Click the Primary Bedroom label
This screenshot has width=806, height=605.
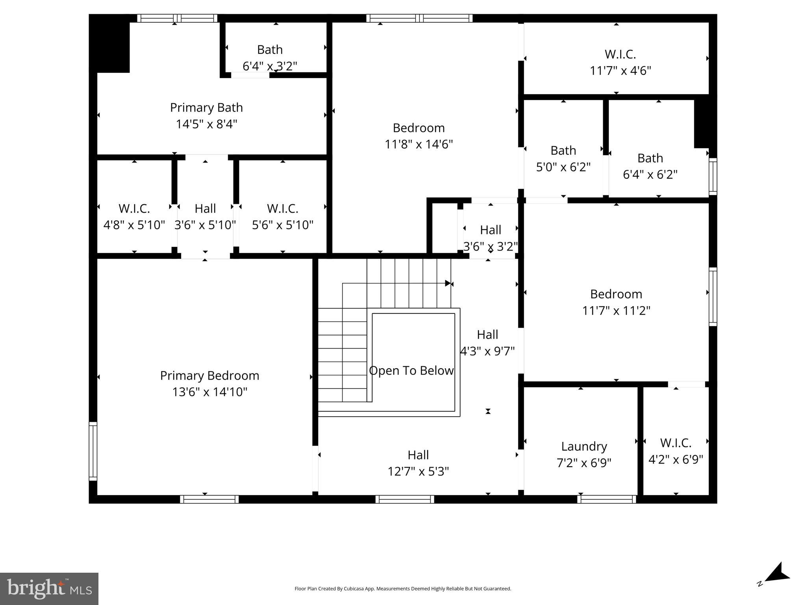(209, 375)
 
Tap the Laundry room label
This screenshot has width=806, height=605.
(584, 446)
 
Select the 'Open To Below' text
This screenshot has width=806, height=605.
(411, 371)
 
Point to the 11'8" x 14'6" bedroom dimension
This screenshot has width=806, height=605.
(419, 144)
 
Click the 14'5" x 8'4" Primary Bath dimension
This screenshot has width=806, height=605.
(206, 124)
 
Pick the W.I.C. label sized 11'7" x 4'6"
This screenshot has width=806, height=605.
(620, 54)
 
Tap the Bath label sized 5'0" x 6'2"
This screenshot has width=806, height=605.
(563, 150)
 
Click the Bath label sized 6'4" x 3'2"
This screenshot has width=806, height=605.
(270, 50)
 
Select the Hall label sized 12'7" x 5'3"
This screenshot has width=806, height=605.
(418, 455)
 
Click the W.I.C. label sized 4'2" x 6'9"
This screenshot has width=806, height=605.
(676, 443)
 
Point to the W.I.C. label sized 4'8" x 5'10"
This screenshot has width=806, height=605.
(134, 208)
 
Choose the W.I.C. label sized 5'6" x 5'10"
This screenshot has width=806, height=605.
(282, 208)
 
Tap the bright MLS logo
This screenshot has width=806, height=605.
(49, 588)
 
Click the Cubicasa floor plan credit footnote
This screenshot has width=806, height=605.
(402, 588)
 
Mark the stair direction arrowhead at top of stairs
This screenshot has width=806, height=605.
(448, 283)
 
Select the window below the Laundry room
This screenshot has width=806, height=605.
(606, 499)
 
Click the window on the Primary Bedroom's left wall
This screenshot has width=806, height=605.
(93, 451)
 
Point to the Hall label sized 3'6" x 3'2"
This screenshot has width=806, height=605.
(490, 230)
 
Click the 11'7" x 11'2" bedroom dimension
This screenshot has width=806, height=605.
(616, 311)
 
